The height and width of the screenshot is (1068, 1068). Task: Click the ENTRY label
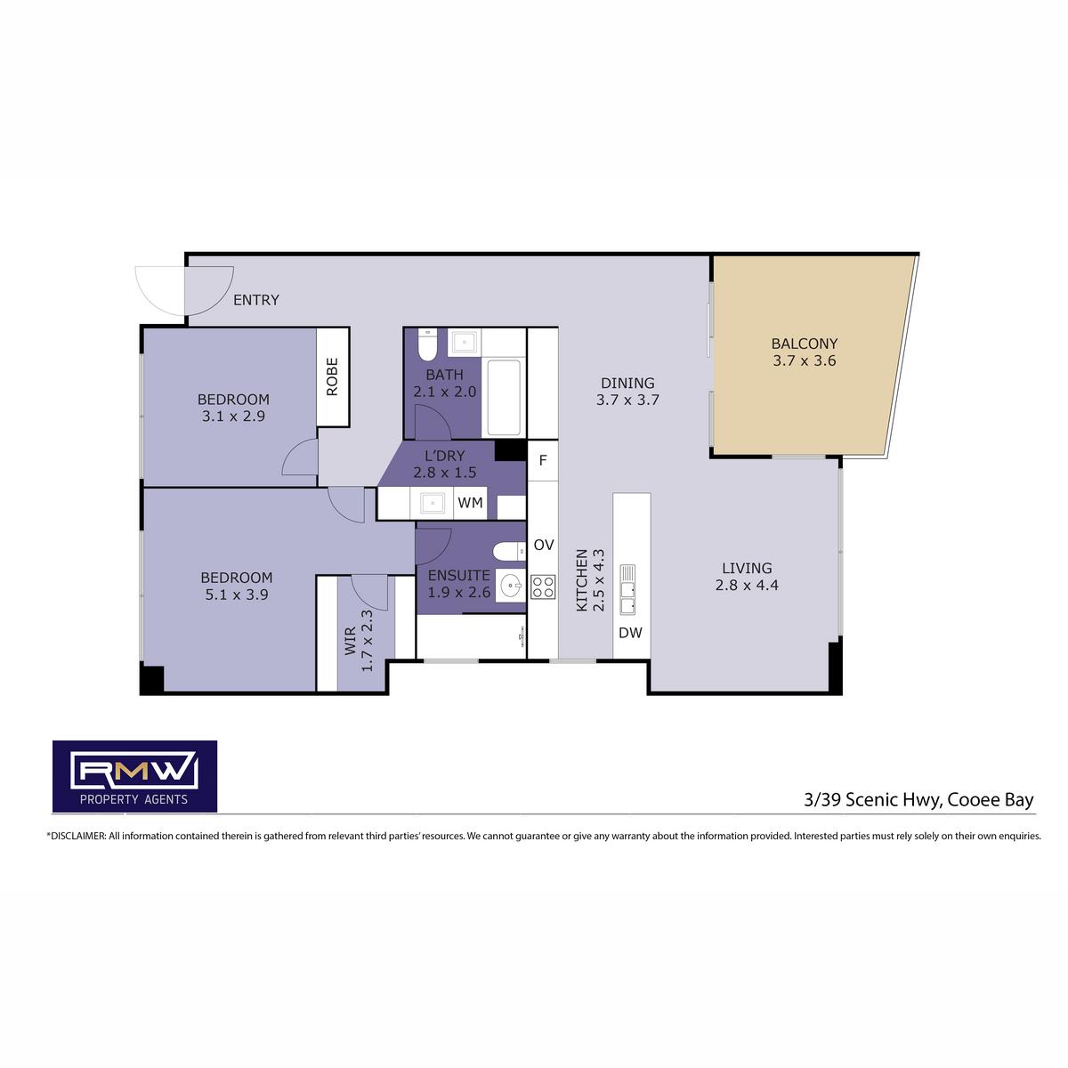point(256,300)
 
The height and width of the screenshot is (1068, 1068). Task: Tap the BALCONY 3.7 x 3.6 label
point(805,352)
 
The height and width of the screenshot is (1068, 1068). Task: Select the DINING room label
point(628,391)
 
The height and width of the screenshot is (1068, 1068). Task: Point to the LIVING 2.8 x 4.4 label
point(747,577)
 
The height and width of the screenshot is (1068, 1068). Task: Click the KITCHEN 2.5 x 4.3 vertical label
point(590,580)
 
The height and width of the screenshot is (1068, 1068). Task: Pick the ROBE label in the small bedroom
point(332,376)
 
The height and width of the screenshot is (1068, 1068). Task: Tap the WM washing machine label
point(470,503)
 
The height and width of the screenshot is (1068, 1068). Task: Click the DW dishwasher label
point(630,633)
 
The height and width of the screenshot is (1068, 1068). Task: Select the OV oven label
point(544,545)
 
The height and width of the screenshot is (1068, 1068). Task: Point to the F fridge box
point(543,460)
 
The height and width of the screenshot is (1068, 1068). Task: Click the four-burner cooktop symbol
point(543,587)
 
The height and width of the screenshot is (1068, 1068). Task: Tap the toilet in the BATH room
point(427,344)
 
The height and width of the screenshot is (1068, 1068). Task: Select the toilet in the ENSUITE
point(509,552)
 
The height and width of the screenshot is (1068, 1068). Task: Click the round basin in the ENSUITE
point(510,584)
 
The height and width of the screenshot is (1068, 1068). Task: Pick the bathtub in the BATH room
point(503,397)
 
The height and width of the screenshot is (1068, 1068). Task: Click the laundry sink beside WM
point(432,503)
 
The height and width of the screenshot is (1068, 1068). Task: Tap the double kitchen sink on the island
point(627,589)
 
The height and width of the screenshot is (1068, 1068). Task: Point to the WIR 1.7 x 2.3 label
point(360,641)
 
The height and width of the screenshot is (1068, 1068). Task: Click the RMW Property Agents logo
point(134,776)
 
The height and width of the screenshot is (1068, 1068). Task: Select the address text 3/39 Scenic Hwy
point(873,800)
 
